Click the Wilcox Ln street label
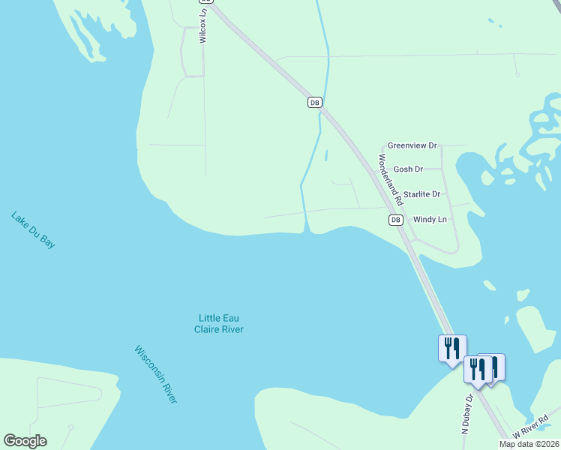pyautogui.click(x=202, y=27)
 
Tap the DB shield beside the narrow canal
pyautogui.click(x=315, y=102)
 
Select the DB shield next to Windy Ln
pyautogui.click(x=395, y=220)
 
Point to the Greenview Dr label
pyautogui.click(x=412, y=145)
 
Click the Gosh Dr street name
pyautogui.click(x=408, y=169)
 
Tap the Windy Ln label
pyautogui.click(x=430, y=220)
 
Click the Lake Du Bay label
pyautogui.click(x=33, y=229)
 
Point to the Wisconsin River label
pyautogui.click(x=156, y=374)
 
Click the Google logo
pyautogui.click(x=25, y=441)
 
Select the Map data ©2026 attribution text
pyautogui.click(x=529, y=444)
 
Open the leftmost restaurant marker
pyautogui.click(x=452, y=349)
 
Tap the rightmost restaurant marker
pyautogui.click(x=493, y=367)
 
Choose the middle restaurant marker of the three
pyautogui.click(x=477, y=370)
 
